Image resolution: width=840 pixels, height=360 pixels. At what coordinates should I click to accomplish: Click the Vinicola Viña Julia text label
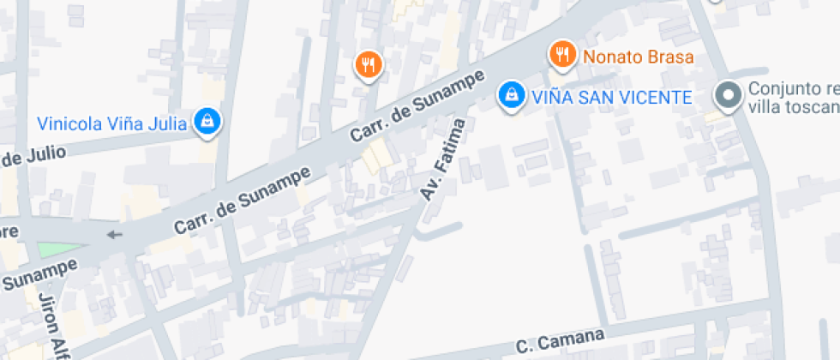111,123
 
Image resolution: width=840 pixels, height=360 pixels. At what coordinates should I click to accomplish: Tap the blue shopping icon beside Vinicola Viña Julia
207,122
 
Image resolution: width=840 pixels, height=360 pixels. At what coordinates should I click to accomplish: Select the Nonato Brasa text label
638,57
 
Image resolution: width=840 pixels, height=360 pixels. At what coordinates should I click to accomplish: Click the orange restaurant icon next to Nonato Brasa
561,55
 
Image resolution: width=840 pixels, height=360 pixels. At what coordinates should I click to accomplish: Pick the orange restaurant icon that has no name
369,63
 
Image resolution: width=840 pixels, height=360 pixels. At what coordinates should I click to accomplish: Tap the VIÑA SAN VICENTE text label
610,97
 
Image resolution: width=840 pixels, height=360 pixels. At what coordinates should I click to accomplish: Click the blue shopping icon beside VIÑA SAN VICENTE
511,95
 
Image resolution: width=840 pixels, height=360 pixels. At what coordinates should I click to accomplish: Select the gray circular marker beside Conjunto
729,96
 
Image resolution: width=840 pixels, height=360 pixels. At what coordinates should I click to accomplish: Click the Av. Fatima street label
443,160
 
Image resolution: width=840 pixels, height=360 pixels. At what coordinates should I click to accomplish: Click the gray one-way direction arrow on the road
114,235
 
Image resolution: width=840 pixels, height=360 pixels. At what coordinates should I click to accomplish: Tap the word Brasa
671,57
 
